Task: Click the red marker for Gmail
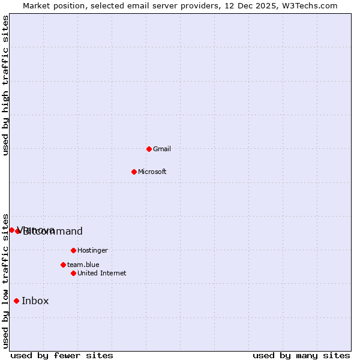pyautogui.click(x=149, y=149)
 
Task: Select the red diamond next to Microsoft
pyautogui.click(x=134, y=172)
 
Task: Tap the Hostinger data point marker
pyautogui.click(x=73, y=250)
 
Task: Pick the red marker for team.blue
pyautogui.click(x=63, y=265)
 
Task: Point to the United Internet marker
pyautogui.click(x=73, y=273)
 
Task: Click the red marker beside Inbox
pyautogui.click(x=16, y=301)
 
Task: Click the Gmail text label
pyautogui.click(x=162, y=149)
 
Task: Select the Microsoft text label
pyautogui.click(x=152, y=172)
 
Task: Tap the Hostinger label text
pyautogui.click(x=92, y=250)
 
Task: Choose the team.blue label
pyautogui.click(x=83, y=265)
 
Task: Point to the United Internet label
pyautogui.click(x=102, y=273)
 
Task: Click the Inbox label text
pyautogui.click(x=35, y=301)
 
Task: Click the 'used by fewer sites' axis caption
pyautogui.click(x=62, y=355)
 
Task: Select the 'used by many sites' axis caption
pyautogui.click(x=301, y=355)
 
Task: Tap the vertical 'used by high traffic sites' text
pyautogui.click(x=5, y=85)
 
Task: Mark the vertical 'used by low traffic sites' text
pyautogui.click(x=5, y=280)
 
